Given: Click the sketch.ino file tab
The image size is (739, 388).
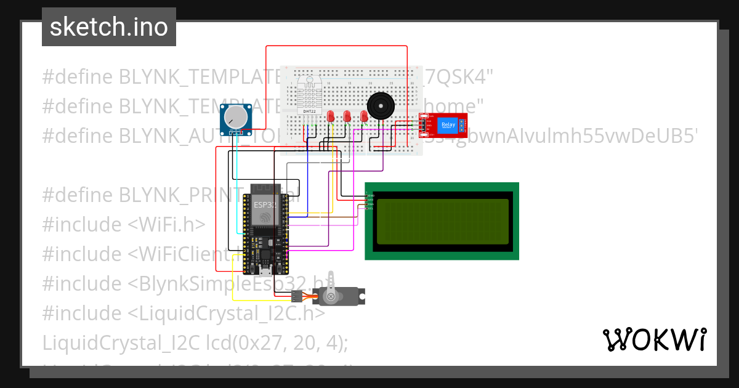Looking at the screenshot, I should (x=109, y=27).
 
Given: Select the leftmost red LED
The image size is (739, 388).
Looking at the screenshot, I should (x=331, y=116).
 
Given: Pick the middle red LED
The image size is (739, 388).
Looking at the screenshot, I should (x=347, y=116).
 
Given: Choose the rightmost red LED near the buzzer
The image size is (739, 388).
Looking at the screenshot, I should (x=364, y=116).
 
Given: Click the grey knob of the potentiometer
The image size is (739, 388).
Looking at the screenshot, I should (x=235, y=117).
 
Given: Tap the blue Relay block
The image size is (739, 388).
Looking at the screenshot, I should (x=448, y=126).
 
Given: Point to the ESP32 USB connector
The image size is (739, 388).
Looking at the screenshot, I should (x=265, y=270).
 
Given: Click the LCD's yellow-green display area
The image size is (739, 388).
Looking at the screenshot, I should (x=442, y=220).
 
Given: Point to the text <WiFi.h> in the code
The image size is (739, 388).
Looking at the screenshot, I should (x=167, y=225).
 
